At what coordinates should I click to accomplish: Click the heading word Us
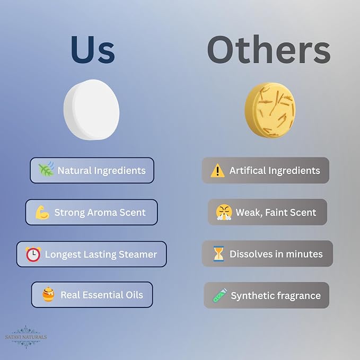(93, 50)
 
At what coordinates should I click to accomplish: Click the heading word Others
(269, 50)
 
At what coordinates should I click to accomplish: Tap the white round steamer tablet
(92, 110)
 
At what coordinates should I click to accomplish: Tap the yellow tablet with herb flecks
(270, 110)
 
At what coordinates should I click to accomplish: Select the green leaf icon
(46, 169)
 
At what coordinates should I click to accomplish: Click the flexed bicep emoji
(42, 213)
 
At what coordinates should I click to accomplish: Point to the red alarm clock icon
(33, 254)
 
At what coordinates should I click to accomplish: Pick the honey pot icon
(48, 294)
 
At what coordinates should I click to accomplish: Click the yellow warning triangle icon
(217, 171)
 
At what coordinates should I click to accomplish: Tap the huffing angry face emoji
(224, 212)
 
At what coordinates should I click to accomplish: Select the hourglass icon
(218, 254)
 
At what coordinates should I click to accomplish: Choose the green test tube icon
(220, 295)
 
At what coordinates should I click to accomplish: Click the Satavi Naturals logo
(26, 337)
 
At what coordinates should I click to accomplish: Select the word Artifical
(248, 171)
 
